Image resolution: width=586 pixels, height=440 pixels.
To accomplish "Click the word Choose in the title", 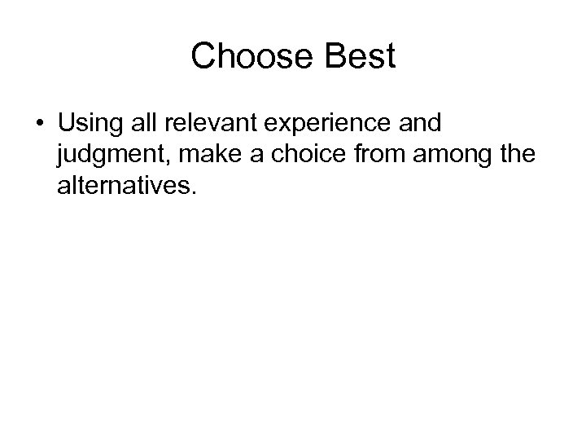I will (x=244, y=57).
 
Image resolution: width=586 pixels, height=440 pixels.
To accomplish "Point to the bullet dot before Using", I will (x=40, y=124).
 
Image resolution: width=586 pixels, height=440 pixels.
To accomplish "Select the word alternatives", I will (x=125, y=187).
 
